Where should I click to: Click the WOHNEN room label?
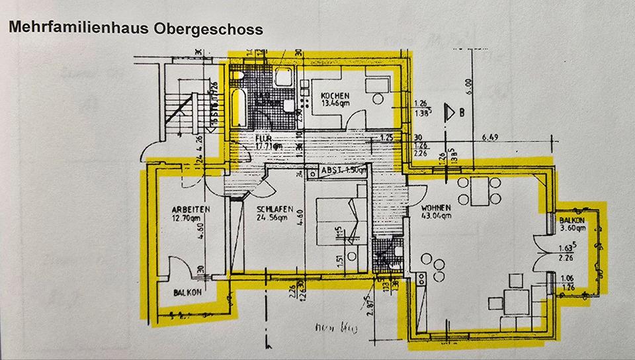coord(434,207)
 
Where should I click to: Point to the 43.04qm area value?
coord(435,215)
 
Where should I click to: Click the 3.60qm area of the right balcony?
coord(572,228)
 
